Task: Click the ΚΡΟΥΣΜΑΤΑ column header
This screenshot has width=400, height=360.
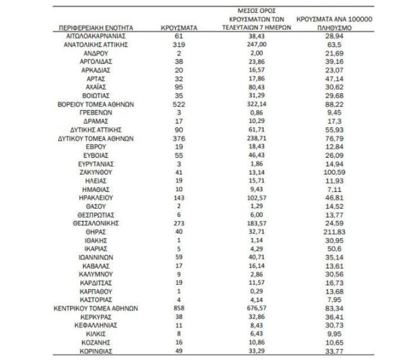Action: click(179, 28)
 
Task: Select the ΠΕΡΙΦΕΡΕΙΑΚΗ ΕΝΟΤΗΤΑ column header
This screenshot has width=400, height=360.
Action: click(96, 28)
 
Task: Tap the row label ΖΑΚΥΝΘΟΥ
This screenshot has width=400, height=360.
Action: click(96, 172)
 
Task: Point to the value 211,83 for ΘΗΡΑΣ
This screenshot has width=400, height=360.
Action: click(334, 232)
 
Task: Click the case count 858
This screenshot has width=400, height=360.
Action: click(179, 309)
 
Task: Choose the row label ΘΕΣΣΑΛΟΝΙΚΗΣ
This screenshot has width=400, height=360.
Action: click(96, 223)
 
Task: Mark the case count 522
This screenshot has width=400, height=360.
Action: click(179, 104)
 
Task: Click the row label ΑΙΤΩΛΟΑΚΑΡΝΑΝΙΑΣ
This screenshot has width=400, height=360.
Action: click(96, 36)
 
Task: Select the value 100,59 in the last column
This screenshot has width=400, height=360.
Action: click(334, 172)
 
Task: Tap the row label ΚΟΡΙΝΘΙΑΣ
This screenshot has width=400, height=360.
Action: click(96, 351)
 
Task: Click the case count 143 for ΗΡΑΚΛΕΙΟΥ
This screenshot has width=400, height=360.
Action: click(179, 198)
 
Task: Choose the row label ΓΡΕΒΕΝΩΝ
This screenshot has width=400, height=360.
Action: click(96, 113)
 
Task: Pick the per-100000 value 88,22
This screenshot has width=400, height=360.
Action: click(334, 104)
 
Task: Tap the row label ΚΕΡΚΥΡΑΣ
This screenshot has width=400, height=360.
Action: click(96, 317)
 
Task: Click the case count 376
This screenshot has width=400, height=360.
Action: click(179, 138)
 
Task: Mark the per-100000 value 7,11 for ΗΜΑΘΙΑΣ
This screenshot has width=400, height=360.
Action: click(334, 189)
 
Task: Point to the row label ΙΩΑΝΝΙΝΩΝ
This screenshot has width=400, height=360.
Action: click(96, 257)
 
